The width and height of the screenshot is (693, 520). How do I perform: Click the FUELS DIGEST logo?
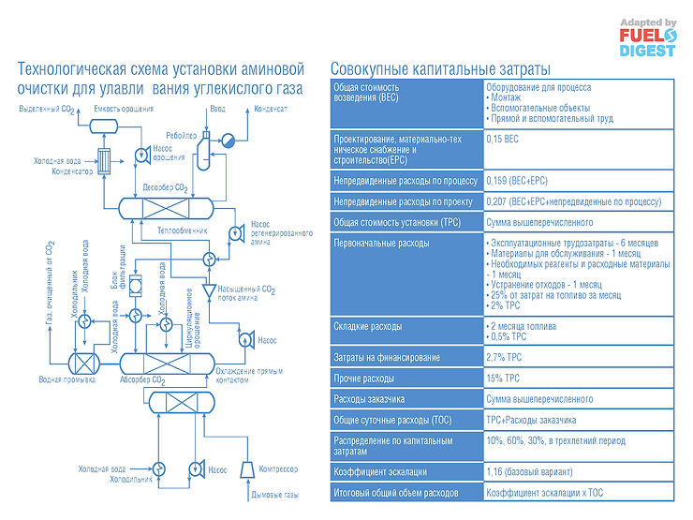pyautogui.click(x=646, y=37)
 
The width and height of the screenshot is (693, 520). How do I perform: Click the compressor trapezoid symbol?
pyautogui.click(x=245, y=468)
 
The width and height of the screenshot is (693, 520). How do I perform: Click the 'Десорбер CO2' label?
pyautogui.click(x=167, y=188)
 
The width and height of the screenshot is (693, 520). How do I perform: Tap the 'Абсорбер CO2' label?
pyautogui.click(x=141, y=380)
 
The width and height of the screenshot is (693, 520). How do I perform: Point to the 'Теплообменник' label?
pyautogui.click(x=182, y=229)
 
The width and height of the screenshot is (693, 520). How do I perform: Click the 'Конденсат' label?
pyautogui.click(x=268, y=110)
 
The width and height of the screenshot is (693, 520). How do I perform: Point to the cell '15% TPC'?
pyautogui.click(x=504, y=379)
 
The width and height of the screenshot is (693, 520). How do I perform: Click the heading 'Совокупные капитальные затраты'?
pyautogui.click(x=441, y=69)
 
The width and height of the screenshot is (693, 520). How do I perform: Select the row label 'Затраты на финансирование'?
pyautogui.click(x=387, y=357)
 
